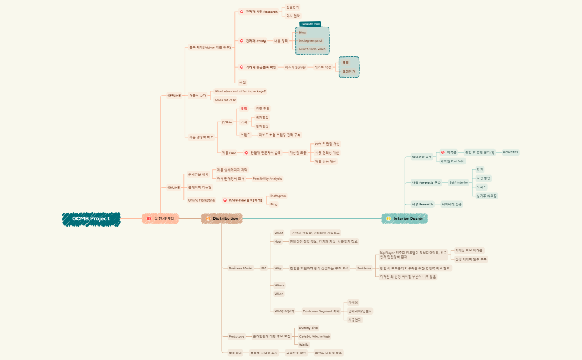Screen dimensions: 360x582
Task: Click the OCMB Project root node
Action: pos(91,219)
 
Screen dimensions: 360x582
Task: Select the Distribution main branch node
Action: pos(222,219)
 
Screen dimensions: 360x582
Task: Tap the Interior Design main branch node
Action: pos(405,219)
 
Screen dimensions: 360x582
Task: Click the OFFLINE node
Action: pos(174,95)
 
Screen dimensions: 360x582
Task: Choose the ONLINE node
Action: pos(173,187)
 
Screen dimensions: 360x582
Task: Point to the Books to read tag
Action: pos(310,24)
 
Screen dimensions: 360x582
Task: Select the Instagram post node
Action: pos(310,40)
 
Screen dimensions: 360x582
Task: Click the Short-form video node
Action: pos(312,49)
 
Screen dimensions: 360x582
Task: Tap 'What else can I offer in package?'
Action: pos(240,91)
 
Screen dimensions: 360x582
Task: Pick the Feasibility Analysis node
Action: pos(267,178)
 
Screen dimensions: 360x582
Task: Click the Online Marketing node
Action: pos(201,200)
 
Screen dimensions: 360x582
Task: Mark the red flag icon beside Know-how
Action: pos(225,200)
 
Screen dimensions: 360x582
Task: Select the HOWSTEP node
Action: pos(510,152)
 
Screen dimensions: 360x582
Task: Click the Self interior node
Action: pos(458,182)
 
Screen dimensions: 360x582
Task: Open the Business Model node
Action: pos(241,268)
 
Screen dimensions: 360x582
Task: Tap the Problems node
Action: pos(364,268)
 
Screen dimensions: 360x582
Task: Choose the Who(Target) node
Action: pos(284,311)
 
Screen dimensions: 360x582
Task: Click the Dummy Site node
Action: pos(308,328)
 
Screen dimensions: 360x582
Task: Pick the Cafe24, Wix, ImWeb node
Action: pos(314,336)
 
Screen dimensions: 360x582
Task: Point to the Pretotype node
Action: pos(237,336)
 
